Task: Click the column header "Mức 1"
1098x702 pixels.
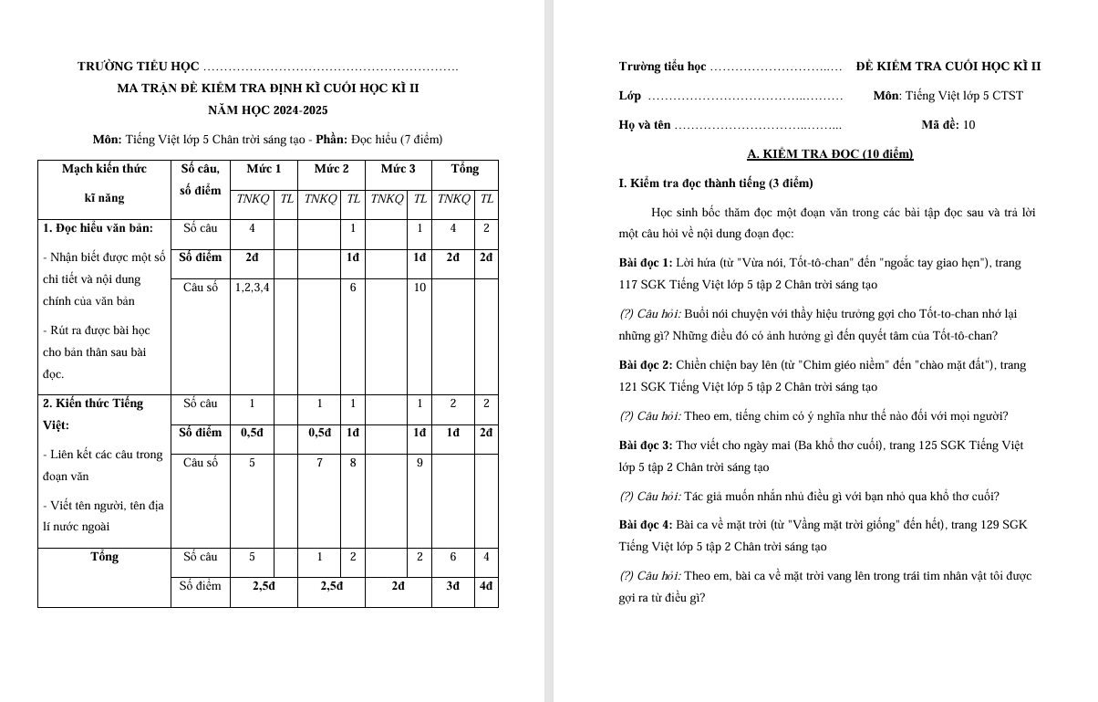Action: (264, 169)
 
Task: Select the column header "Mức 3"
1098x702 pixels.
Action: (398, 169)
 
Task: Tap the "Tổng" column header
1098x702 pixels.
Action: (464, 169)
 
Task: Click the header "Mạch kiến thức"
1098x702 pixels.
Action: (104, 169)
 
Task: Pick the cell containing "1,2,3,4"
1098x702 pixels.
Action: (252, 288)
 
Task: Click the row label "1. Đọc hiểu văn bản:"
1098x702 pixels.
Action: (98, 228)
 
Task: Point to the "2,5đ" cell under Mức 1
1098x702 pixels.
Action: (264, 586)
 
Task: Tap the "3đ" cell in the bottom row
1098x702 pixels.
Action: (452, 586)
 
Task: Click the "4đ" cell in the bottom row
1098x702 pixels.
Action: (486, 586)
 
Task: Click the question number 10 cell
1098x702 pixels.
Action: (420, 288)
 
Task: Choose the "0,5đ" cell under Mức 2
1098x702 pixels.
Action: (319, 433)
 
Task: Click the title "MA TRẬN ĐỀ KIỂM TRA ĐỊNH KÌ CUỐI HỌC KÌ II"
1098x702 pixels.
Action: (268, 89)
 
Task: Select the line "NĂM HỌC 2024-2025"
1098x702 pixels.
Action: (268, 110)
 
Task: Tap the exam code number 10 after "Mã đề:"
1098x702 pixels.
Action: (969, 125)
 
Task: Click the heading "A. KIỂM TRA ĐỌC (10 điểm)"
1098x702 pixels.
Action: (830, 153)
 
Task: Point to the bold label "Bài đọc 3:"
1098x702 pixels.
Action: (644, 445)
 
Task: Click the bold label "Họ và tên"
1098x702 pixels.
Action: (644, 125)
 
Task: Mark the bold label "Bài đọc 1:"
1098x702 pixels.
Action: (644, 263)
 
